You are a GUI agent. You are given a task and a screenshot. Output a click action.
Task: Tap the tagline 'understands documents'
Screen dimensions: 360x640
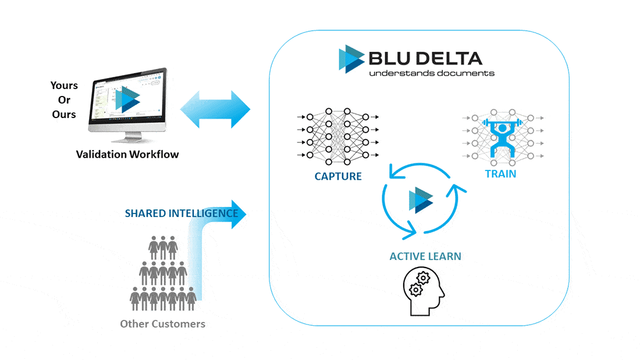click(x=432, y=73)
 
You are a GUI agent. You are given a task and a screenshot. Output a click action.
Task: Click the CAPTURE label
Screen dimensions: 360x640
click(x=338, y=176)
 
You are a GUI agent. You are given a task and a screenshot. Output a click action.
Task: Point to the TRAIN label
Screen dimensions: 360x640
click(x=500, y=173)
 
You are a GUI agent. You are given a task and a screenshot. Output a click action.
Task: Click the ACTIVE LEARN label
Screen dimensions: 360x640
click(x=425, y=256)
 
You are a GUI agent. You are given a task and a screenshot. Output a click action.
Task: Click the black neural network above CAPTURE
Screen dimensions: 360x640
click(x=337, y=136)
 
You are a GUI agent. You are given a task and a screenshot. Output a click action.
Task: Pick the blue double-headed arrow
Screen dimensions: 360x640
click(x=215, y=109)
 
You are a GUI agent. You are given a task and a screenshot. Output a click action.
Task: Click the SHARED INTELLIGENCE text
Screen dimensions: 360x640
click(x=182, y=213)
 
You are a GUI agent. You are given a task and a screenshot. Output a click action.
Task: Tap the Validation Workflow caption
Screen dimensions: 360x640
click(x=127, y=154)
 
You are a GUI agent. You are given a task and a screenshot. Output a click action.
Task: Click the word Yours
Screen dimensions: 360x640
click(x=64, y=85)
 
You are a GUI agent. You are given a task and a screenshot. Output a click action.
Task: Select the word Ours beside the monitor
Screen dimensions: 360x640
click(x=64, y=114)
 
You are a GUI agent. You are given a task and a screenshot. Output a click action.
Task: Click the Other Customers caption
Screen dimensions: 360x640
click(x=162, y=323)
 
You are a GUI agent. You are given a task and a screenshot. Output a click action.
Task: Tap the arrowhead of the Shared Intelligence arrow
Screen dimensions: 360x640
click(x=240, y=213)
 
